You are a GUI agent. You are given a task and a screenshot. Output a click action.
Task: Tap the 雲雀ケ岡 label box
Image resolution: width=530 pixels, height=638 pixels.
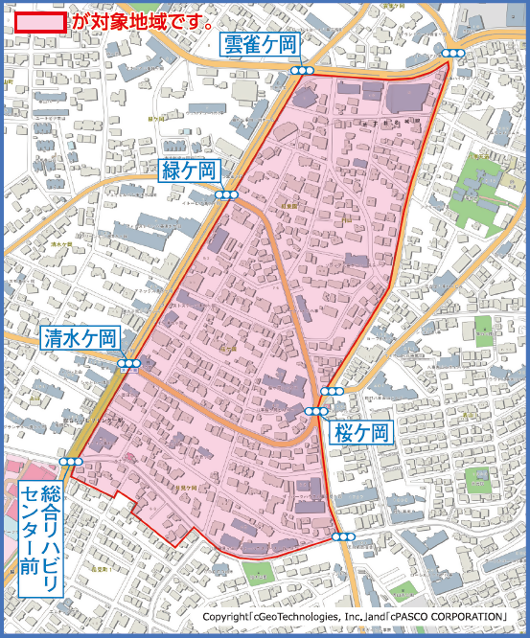pyautogui.click(x=262, y=44)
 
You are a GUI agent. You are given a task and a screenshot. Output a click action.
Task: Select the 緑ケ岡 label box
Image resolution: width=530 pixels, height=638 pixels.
pyautogui.click(x=190, y=171)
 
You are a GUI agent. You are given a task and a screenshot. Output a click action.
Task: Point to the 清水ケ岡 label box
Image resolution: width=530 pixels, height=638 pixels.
pyautogui.click(x=81, y=337)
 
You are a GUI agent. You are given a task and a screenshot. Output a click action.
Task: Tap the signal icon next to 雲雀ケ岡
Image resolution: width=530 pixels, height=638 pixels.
pyautogui.click(x=303, y=71)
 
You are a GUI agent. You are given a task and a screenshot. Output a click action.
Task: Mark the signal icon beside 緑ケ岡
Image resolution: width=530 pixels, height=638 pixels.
pyautogui.click(x=226, y=194)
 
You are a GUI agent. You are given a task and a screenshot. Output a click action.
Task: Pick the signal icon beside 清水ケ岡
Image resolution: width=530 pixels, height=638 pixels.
pyautogui.click(x=129, y=364)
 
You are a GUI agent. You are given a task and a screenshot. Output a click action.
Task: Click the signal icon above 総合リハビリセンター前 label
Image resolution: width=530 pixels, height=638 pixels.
pyautogui.click(x=71, y=462)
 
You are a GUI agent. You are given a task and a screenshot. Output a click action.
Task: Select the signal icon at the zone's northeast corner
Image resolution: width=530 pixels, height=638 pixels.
pyautogui.click(x=453, y=54)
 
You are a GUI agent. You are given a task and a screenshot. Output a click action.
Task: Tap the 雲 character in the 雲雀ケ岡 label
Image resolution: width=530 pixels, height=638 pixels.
pyautogui.click(x=234, y=44)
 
